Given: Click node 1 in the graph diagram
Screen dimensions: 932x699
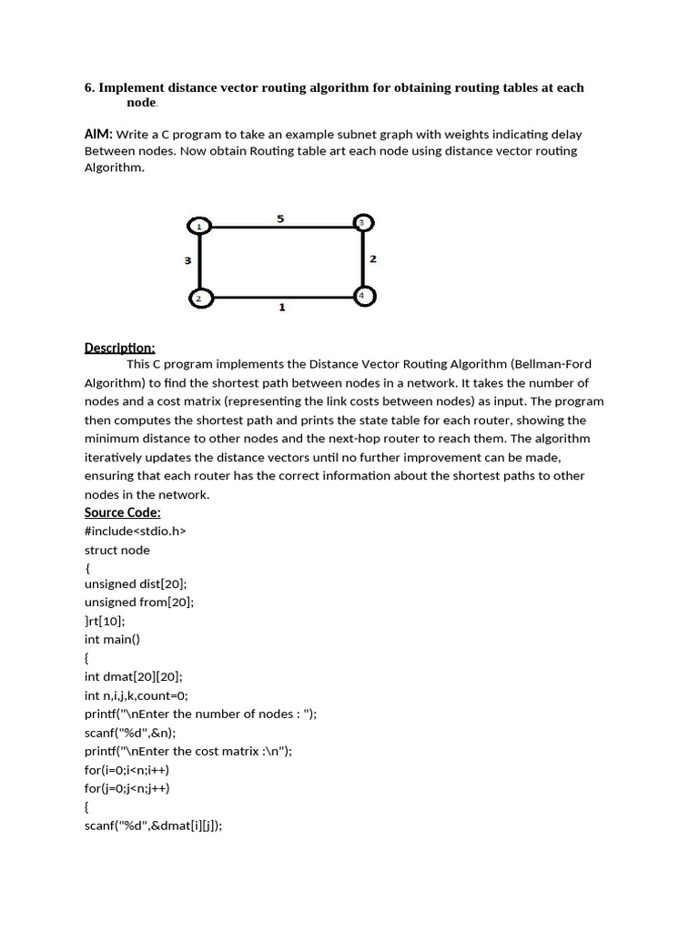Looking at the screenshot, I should click(198, 225).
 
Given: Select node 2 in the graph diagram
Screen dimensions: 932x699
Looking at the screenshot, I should click(198, 298).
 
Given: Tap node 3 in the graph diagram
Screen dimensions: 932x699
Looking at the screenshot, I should click(362, 223).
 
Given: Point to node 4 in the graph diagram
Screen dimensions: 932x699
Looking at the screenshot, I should click(362, 296).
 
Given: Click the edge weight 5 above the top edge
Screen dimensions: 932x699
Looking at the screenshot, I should click(280, 218).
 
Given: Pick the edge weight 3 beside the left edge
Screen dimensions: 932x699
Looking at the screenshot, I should click(187, 261).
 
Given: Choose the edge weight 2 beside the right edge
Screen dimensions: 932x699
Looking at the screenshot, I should click(373, 259).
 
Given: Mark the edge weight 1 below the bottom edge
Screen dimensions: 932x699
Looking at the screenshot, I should click(282, 308).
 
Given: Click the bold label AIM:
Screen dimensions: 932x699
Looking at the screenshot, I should click(98, 134).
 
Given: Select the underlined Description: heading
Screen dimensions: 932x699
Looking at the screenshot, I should click(120, 348).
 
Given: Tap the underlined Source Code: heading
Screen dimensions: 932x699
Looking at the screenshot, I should click(122, 512).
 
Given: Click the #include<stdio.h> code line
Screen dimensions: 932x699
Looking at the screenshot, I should click(135, 531).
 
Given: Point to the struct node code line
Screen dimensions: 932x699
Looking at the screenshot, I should click(117, 550).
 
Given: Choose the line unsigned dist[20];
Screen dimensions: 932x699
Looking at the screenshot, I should click(136, 585).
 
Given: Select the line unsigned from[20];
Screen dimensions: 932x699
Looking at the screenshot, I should click(139, 603).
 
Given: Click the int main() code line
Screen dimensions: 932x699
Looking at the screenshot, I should click(112, 640).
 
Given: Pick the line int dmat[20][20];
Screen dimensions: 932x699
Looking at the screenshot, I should click(134, 676).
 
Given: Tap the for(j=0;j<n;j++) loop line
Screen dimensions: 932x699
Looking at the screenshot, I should click(127, 788).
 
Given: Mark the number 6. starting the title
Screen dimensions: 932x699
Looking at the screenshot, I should click(90, 88).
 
